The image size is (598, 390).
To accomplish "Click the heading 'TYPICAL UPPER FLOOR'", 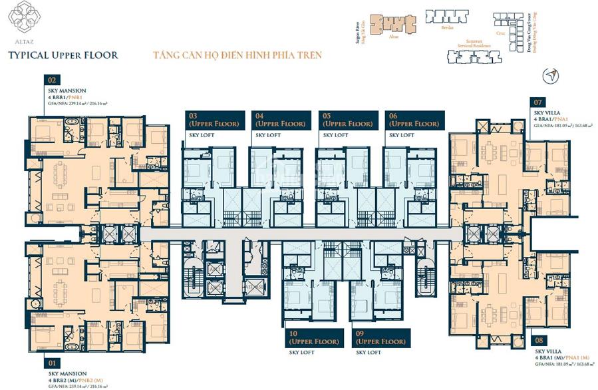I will [x=63, y=55].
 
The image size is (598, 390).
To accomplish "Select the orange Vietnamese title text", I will [x=237, y=55].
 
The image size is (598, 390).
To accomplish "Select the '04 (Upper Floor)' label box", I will [x=280, y=120].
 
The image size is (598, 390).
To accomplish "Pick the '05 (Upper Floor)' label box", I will [x=347, y=120].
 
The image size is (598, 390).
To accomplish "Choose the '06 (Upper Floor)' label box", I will [x=414, y=120].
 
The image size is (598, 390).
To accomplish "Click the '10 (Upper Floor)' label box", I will [x=314, y=337].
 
